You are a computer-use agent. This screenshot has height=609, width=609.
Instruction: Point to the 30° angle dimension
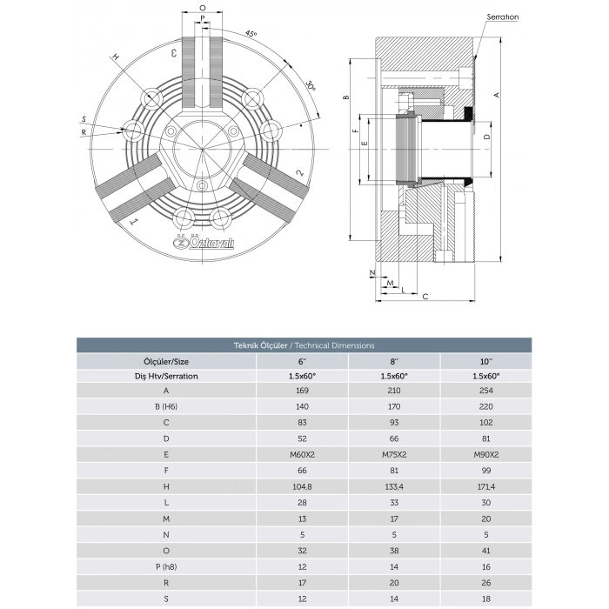click(310, 88)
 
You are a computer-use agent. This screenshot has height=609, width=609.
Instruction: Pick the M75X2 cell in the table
click(393, 453)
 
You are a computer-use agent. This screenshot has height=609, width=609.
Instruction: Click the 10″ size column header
click(486, 359)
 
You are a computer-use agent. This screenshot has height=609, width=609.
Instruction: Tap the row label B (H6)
click(165, 406)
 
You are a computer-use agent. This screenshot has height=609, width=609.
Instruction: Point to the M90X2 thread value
click(486, 453)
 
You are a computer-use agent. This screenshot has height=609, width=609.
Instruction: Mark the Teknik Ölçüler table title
click(304, 345)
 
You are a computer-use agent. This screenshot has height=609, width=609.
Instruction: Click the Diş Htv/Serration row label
click(165, 375)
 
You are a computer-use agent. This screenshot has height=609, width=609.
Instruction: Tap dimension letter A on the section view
click(496, 94)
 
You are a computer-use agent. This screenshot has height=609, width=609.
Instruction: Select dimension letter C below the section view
click(425, 297)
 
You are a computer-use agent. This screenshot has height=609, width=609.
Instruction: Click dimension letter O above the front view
click(202, 7)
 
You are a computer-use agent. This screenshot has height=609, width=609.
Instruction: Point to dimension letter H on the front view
click(114, 57)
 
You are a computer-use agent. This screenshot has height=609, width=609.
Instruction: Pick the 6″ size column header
click(301, 359)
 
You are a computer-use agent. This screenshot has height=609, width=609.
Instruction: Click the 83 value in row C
click(301, 422)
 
